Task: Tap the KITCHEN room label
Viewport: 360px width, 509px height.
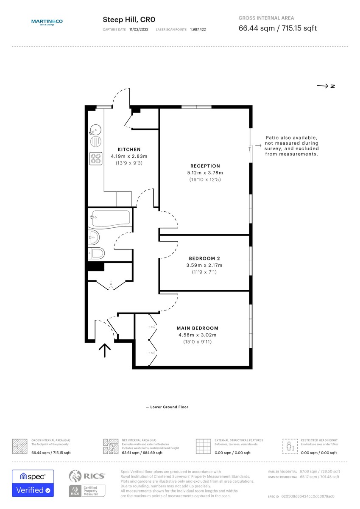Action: pyautogui.click(x=129, y=149)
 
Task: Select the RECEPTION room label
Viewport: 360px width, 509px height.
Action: pyautogui.click(x=205, y=166)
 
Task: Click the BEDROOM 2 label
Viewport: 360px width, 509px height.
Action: pyautogui.click(x=204, y=258)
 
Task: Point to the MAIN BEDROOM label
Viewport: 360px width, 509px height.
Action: pyautogui.click(x=197, y=328)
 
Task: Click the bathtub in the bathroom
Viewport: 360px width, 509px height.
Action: pyautogui.click(x=110, y=218)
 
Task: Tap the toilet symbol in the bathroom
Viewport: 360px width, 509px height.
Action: pyautogui.click(x=97, y=253)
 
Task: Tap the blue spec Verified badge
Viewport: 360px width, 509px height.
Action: pyautogui.click(x=33, y=483)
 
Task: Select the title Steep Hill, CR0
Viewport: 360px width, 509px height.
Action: pyautogui.click(x=126, y=20)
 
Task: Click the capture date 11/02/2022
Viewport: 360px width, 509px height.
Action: pyautogui.click(x=139, y=30)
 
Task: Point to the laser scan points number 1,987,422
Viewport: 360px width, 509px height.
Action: pyautogui.click(x=198, y=30)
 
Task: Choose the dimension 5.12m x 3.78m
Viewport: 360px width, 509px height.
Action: pyautogui.click(x=205, y=173)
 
